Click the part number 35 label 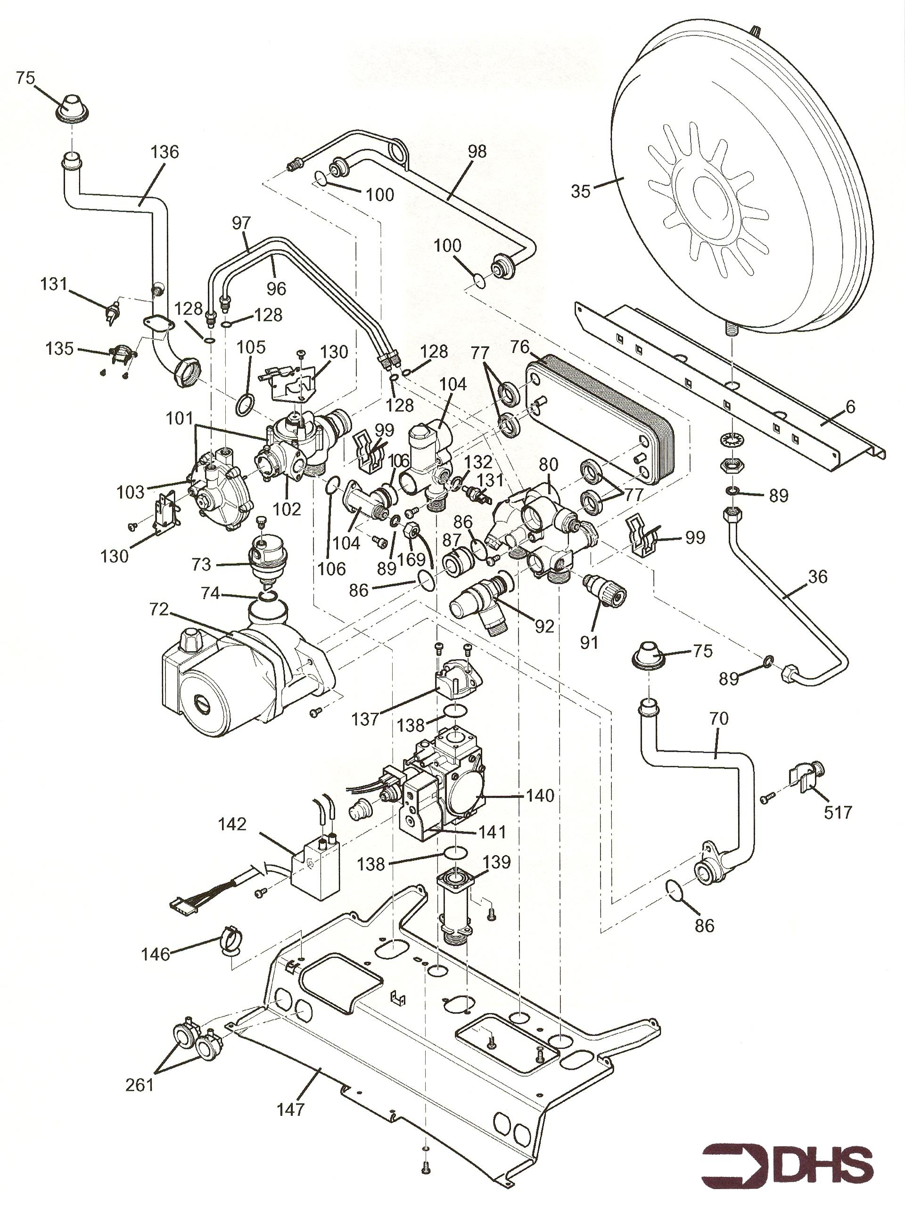(x=581, y=191)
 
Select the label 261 (x=140, y=1069)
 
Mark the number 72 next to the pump (x=159, y=610)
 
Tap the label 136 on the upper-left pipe (x=165, y=152)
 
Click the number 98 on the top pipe (x=477, y=152)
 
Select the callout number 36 (x=817, y=577)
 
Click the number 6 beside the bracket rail (x=851, y=407)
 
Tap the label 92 (x=544, y=626)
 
